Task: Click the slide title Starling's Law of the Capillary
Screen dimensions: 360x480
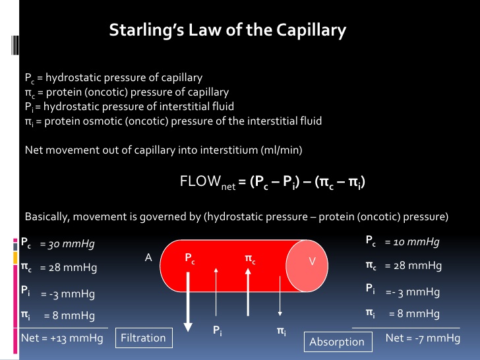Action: (227, 30)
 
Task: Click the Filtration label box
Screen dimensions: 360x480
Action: (143, 338)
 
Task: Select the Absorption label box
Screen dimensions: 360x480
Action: (337, 342)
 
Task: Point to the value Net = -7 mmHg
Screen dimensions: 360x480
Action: (423, 338)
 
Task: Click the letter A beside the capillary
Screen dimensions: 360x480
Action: (148, 259)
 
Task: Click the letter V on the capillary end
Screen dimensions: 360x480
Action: (313, 262)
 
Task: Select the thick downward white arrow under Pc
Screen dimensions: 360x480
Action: (188, 297)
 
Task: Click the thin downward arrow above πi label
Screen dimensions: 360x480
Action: (280, 293)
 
